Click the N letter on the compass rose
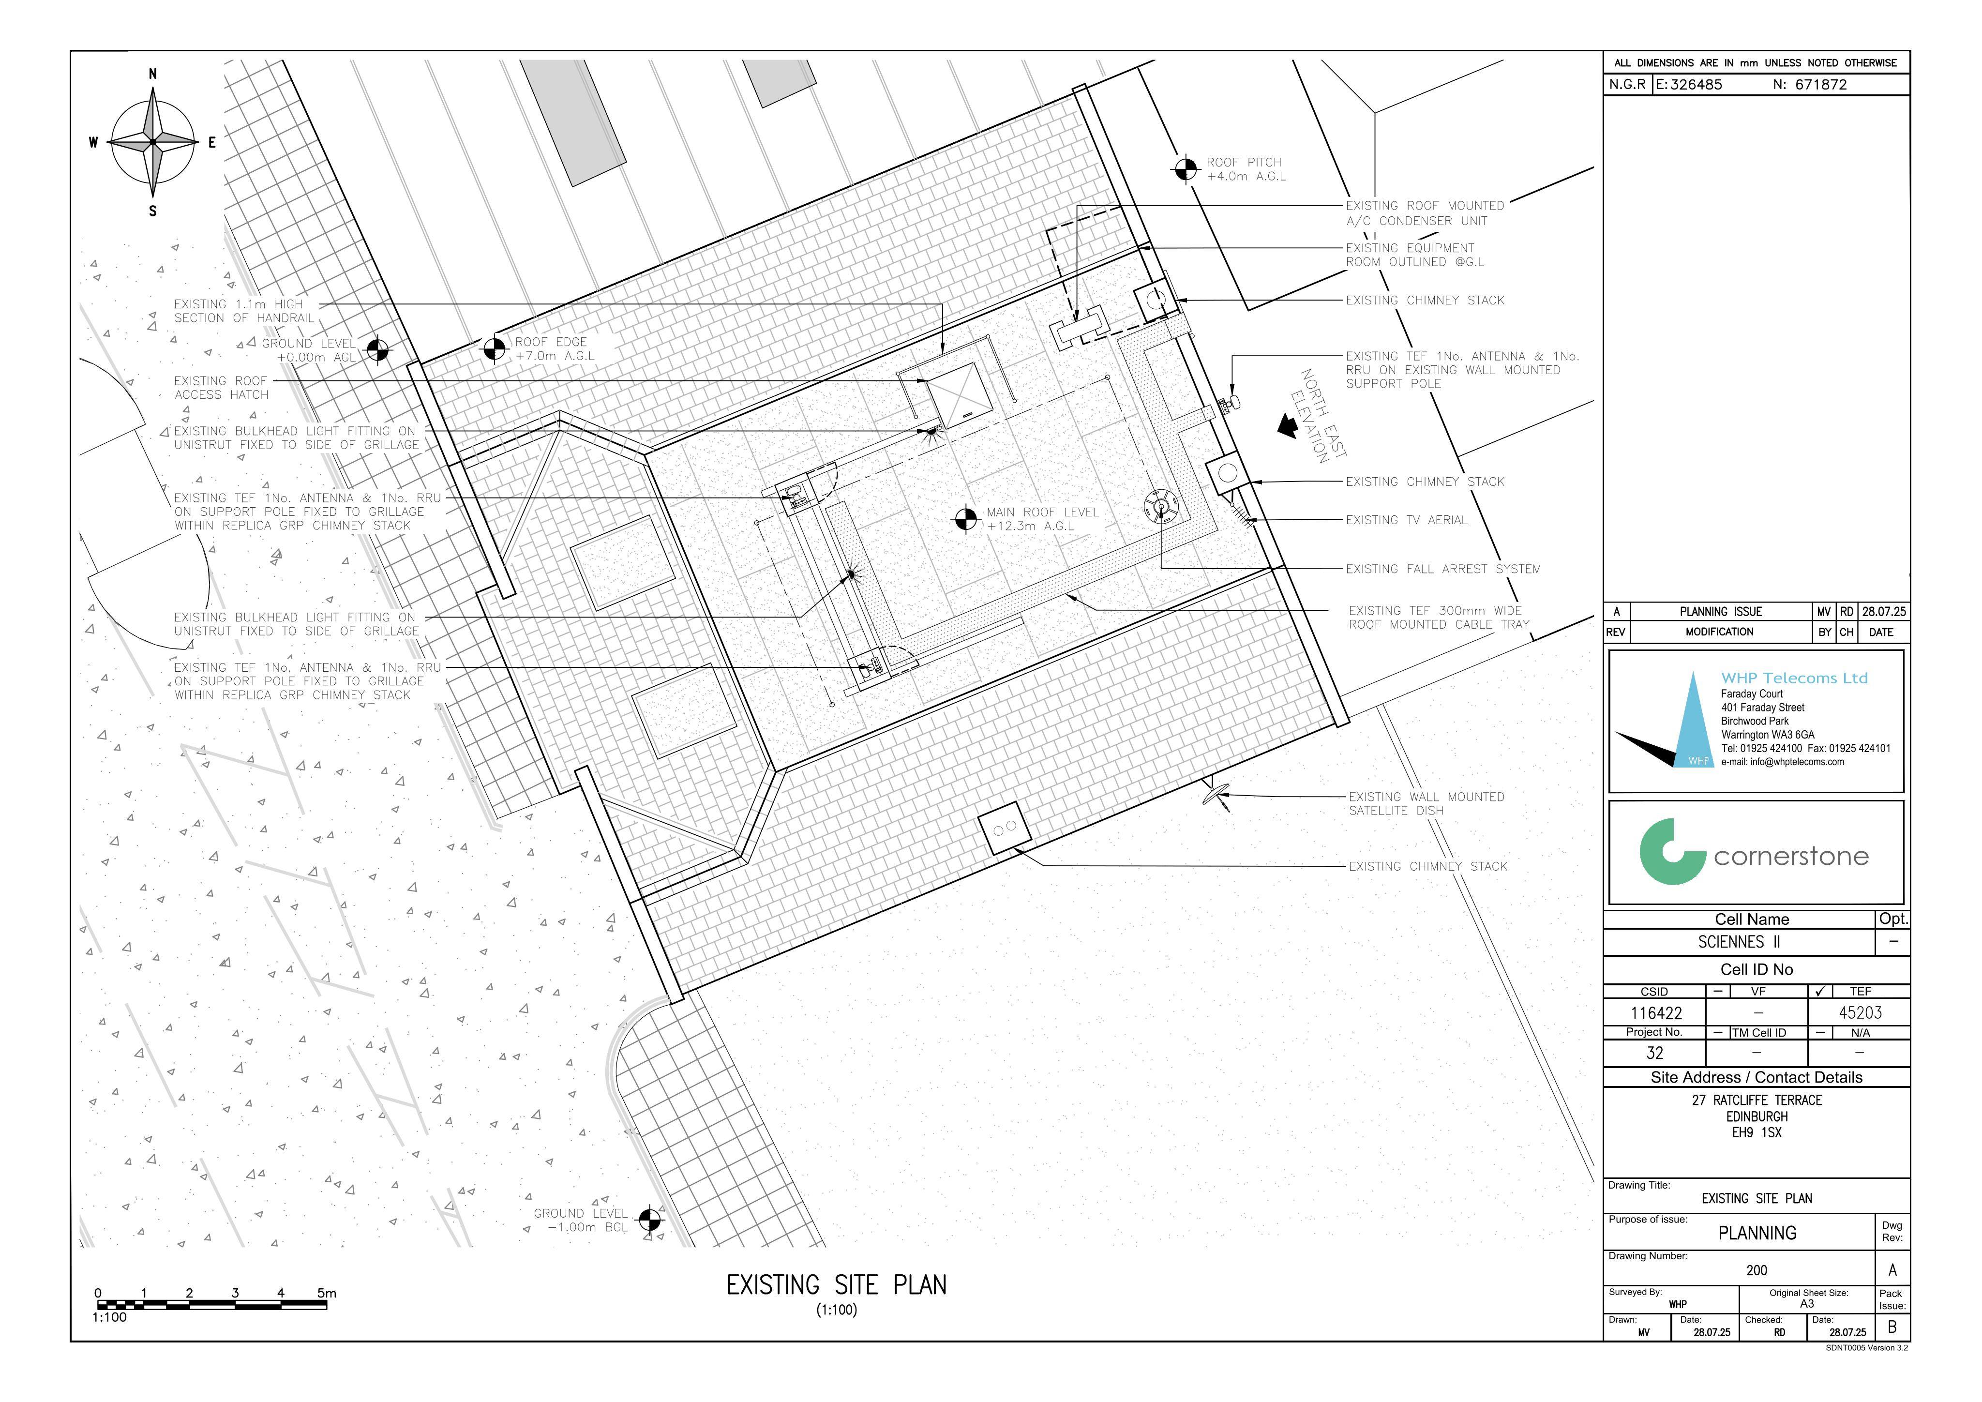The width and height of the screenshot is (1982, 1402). pyautogui.click(x=153, y=74)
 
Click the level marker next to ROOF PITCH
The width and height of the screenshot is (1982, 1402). pyautogui.click(x=1185, y=169)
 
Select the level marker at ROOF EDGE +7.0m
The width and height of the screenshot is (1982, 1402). pyautogui.click(x=495, y=349)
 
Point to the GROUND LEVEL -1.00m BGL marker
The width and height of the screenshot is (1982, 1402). pyautogui.click(x=649, y=1220)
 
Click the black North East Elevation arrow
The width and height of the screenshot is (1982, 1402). pyautogui.click(x=1288, y=425)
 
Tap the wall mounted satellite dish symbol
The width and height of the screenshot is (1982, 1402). pyautogui.click(x=1217, y=793)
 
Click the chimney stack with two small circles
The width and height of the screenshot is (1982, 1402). pyautogui.click(x=1006, y=828)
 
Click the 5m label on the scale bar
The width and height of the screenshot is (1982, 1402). pyautogui.click(x=326, y=1293)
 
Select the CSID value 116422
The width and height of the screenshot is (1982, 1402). pyautogui.click(x=1656, y=1012)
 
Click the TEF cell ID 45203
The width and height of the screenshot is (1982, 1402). pyautogui.click(x=1860, y=1012)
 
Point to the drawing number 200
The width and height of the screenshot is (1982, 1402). pyautogui.click(x=1756, y=1270)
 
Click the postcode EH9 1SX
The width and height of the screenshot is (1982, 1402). pyautogui.click(x=1756, y=1132)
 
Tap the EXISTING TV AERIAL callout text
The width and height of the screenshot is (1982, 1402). pyautogui.click(x=1406, y=520)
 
